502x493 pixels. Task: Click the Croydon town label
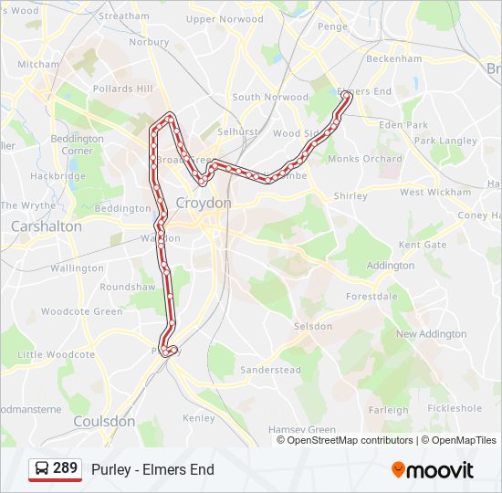[204, 203]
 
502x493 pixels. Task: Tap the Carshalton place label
[47, 226]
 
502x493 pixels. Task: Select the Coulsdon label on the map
[104, 422]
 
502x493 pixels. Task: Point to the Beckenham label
[393, 58]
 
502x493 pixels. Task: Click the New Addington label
[431, 334]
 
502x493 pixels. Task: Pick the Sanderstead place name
[270, 370]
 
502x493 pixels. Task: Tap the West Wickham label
[435, 193]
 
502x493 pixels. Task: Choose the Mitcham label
[38, 65]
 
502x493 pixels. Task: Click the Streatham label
[123, 16]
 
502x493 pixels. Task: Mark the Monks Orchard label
[365, 159]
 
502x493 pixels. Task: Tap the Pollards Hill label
[123, 89]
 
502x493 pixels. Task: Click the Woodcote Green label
[82, 311]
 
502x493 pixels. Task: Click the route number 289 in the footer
[65, 468]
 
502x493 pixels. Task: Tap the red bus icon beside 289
[41, 469]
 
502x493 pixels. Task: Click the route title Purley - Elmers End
[152, 469]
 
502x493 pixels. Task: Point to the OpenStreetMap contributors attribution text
[350, 440]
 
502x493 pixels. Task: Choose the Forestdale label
[372, 297]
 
